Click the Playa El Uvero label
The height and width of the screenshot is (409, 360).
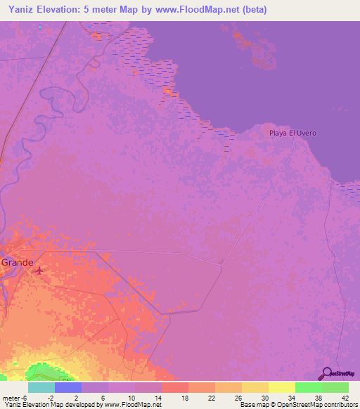[292, 133]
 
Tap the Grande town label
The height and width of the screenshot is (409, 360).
[17, 262]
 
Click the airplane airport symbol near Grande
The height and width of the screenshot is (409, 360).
[39, 268]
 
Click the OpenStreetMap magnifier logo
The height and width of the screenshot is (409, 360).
[326, 373]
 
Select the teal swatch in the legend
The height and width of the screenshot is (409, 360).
[41, 387]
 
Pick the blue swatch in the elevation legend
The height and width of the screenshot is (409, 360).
[68, 387]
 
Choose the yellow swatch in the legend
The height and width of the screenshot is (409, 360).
[281, 387]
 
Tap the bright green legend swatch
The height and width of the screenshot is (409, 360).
[308, 387]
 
